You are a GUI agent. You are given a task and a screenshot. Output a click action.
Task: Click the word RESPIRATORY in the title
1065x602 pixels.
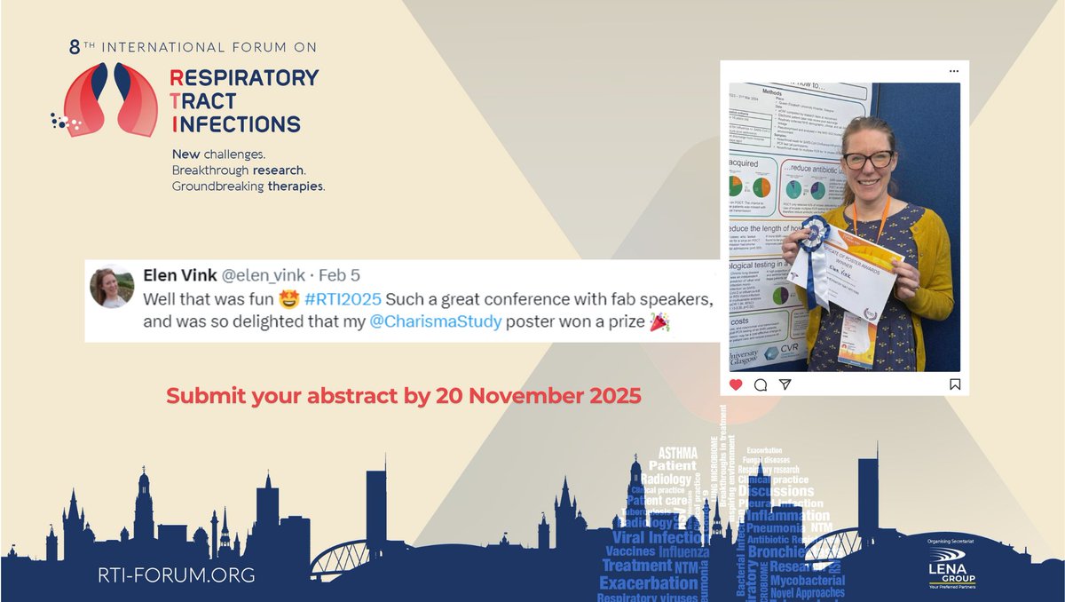tap(243, 77)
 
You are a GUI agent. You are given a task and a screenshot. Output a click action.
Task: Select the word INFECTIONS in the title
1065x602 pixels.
tap(235, 124)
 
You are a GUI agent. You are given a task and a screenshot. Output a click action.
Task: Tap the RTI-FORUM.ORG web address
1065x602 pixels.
tap(177, 575)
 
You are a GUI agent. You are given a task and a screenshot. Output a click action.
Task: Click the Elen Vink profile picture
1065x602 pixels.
tap(112, 287)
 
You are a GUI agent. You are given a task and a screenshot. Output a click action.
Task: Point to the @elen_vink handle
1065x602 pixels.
tap(264, 275)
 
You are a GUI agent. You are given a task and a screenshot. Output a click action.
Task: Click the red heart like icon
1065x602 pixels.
tap(736, 384)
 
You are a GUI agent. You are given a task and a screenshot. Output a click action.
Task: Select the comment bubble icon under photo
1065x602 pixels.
tap(761, 384)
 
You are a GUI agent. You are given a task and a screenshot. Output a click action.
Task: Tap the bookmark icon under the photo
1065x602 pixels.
tap(954, 384)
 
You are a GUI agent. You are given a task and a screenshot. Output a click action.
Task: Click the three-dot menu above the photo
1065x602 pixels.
tap(953, 71)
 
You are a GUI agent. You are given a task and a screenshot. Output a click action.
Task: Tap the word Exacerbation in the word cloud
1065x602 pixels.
tap(649, 582)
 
